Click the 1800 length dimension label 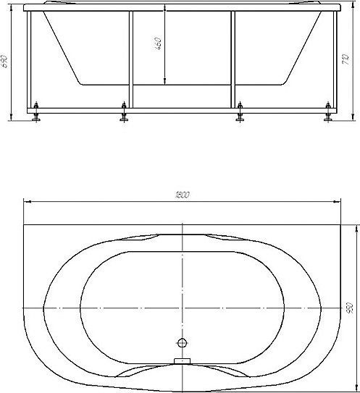[183, 195]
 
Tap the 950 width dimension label [350, 308]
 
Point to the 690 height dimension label [6, 63]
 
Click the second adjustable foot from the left [124, 114]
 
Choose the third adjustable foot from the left [240, 114]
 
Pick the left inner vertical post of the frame [130, 58]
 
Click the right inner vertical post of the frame [233, 58]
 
